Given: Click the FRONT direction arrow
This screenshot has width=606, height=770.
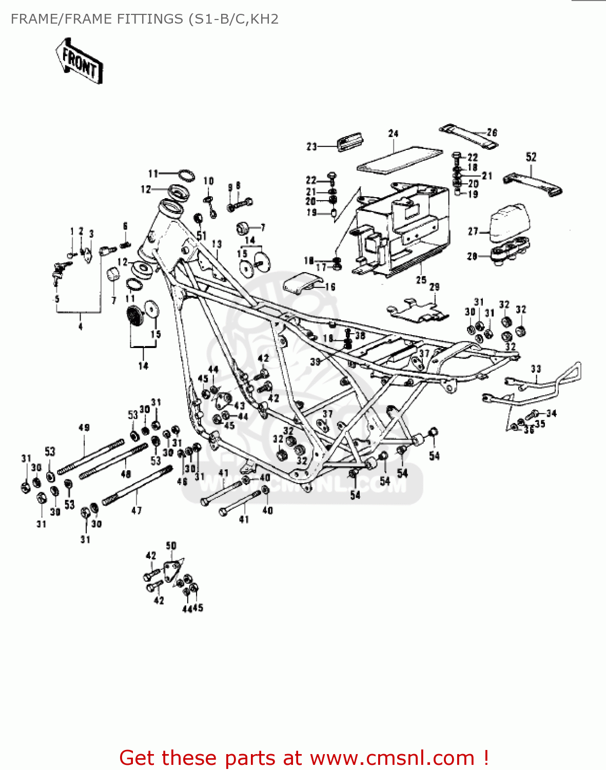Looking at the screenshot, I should pos(79,61).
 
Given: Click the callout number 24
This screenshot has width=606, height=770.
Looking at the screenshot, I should pos(393,133).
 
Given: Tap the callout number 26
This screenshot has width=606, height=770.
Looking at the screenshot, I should pos(492,132).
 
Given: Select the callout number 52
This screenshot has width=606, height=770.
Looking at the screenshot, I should pos(531,157).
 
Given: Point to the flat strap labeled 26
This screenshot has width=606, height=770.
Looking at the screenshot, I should pos(468,136).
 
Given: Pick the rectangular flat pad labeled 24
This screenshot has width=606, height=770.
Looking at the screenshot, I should pos(399,160).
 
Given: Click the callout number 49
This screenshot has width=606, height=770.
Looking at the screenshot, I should pos(84,428).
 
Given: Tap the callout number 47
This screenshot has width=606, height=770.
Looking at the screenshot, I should pos(136,510).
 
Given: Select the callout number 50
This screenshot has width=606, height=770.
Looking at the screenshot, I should pos(171,546).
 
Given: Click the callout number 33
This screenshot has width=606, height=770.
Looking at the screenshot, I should pos(536,369).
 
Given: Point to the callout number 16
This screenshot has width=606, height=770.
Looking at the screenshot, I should pos(330,287).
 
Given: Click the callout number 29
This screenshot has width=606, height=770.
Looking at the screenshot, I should pos(434,287).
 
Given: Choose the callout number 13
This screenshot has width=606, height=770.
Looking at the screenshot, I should pos(217,244).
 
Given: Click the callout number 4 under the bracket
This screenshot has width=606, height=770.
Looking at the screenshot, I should pos(80,326).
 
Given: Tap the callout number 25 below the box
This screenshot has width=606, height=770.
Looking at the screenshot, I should pos(421,280).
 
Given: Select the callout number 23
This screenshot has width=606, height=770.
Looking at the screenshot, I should pos(311,146).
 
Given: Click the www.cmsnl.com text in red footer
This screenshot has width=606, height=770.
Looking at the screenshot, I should pos(393,758).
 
